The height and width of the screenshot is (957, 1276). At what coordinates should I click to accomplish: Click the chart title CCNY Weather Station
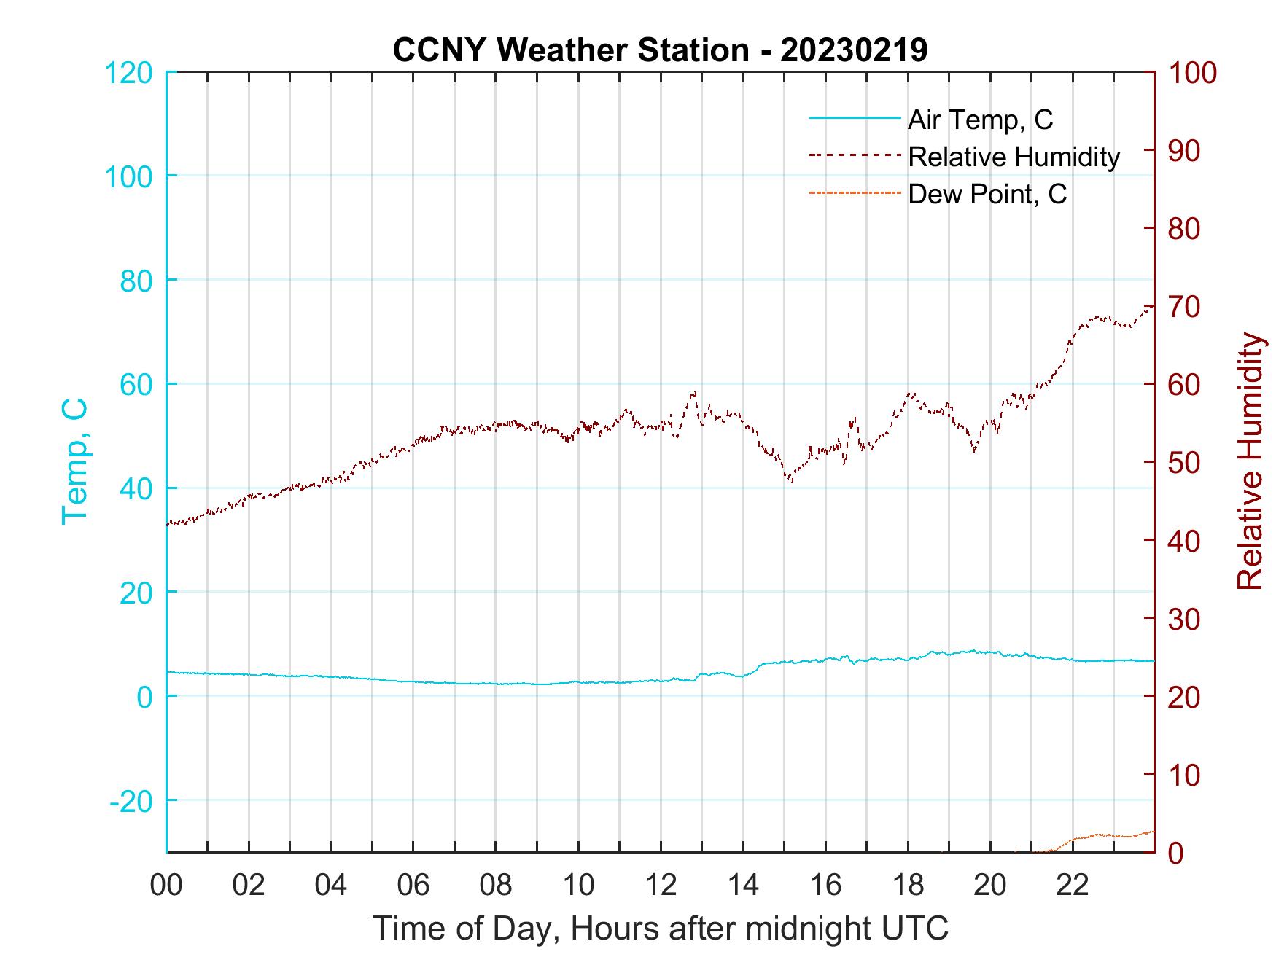point(570,50)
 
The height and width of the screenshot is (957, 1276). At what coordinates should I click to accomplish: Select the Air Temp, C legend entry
point(980,120)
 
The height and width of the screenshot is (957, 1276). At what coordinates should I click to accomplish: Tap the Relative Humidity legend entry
point(1014,157)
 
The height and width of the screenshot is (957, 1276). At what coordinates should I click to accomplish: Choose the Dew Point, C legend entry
point(987,194)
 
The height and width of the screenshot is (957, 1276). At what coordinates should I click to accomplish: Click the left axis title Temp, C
point(75,461)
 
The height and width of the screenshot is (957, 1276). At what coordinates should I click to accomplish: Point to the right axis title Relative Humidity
point(1250,461)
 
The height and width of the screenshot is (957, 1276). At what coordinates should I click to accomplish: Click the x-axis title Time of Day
point(660,929)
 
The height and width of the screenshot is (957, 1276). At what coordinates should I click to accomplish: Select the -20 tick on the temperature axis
point(131,801)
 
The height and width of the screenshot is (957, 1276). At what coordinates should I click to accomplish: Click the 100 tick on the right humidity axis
point(1192,72)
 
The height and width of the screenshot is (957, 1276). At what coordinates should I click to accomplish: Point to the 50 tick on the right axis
point(1185,462)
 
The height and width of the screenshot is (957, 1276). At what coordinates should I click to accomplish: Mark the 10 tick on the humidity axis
point(1185,774)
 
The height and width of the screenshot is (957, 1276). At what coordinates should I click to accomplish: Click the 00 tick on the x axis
point(166,885)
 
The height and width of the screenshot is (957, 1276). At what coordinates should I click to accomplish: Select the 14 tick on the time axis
point(743,885)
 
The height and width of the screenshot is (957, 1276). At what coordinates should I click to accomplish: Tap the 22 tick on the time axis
point(1073,885)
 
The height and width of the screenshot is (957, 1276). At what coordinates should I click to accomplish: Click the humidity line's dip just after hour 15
point(790,480)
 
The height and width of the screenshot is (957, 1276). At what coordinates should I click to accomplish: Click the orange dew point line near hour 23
point(1113,835)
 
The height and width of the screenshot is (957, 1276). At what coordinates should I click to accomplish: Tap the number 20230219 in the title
point(854,50)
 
